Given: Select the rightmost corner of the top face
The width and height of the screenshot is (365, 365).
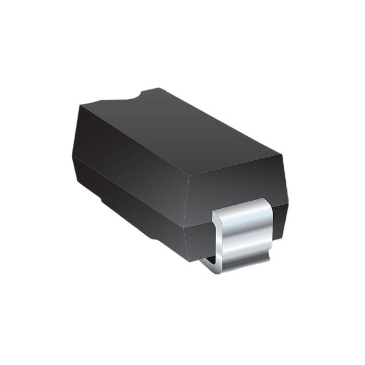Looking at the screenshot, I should click(280, 153).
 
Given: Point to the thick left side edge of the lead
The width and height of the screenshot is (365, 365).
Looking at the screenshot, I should click(216, 234).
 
